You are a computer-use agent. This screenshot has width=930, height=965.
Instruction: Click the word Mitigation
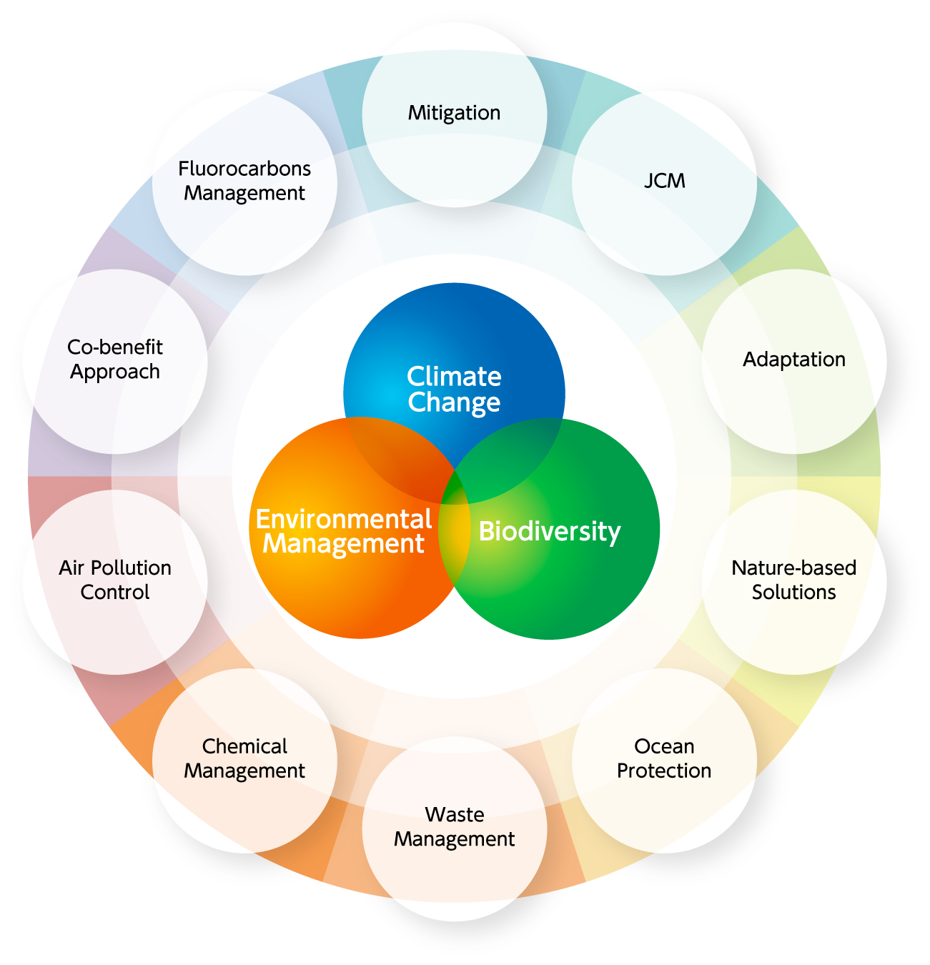[x=454, y=114]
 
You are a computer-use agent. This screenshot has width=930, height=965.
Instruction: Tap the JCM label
[x=665, y=181]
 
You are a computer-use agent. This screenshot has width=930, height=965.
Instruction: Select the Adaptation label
[x=794, y=360]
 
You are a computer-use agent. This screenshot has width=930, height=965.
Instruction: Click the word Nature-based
[x=794, y=568]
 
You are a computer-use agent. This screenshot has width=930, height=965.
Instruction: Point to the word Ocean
[x=664, y=746]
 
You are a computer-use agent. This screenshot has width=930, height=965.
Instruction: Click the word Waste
[x=455, y=815]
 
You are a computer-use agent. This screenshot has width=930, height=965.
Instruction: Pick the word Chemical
[x=244, y=746]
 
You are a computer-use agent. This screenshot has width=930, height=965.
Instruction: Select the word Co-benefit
[x=115, y=347]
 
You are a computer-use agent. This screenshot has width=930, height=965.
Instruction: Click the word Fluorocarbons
[x=244, y=169]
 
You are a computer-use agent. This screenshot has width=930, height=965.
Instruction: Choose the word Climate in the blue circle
[x=454, y=377]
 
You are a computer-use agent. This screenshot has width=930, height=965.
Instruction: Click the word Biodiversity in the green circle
[x=550, y=532]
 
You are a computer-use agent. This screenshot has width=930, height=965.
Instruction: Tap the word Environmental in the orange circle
[x=344, y=520]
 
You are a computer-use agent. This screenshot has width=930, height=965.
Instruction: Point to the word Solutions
[x=793, y=593]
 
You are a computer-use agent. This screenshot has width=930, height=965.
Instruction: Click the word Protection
[x=664, y=771]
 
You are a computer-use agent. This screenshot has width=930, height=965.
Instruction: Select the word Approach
[x=115, y=372]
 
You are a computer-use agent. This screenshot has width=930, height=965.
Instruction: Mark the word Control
[x=115, y=593]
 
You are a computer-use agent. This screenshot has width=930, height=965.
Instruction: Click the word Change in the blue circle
[x=454, y=402]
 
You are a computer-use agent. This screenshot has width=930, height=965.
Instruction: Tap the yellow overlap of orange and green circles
[x=455, y=529]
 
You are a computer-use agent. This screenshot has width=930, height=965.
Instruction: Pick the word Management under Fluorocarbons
[x=244, y=194]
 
